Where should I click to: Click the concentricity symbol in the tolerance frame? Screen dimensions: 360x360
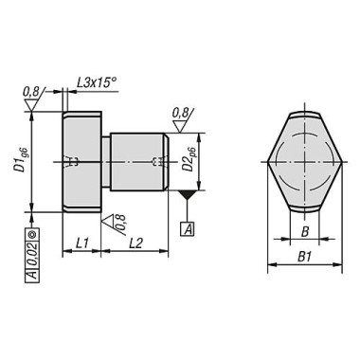[32, 231]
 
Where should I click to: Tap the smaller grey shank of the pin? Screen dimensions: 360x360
[142, 161]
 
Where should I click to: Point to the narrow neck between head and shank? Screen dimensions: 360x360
[105, 161]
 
